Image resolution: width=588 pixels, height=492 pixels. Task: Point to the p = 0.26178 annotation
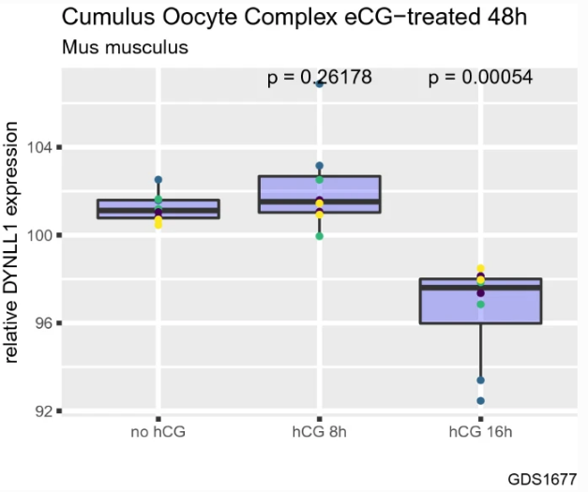tap(320, 78)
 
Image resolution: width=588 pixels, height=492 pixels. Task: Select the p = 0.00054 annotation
tap(480, 78)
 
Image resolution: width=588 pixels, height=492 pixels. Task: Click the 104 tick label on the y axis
tap(38, 148)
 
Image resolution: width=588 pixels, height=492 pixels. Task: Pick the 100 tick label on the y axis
tap(38, 235)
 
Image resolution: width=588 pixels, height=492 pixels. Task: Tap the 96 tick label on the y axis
tap(42, 323)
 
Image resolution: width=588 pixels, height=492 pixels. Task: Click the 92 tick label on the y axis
tap(42, 411)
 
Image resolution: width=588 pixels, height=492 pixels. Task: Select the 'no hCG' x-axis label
tap(158, 432)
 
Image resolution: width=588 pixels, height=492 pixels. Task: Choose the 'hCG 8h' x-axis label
tap(320, 432)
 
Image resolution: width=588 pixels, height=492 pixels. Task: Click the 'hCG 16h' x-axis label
tap(480, 432)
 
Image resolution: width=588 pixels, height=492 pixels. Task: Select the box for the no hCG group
tap(158, 209)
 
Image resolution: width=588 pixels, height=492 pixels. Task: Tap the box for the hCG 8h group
tap(320, 194)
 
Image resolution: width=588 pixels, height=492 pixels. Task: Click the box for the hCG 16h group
tap(480, 301)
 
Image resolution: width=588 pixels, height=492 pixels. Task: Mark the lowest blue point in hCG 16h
tap(480, 401)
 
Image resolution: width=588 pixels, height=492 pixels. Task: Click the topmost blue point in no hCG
tap(158, 179)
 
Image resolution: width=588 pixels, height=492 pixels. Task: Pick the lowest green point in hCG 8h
tap(320, 236)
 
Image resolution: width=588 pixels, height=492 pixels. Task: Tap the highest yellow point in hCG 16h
tap(481, 269)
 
